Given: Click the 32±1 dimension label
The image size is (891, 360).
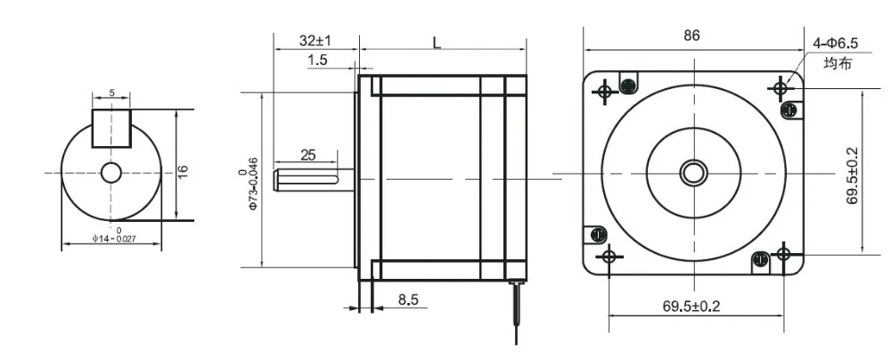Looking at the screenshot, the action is point(315,41).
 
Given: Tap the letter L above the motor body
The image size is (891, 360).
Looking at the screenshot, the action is point(437,43).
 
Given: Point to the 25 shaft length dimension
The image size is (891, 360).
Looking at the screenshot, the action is point(307,155).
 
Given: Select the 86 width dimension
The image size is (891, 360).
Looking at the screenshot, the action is point(691,36).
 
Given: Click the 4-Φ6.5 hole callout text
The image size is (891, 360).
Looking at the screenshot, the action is point(836,44).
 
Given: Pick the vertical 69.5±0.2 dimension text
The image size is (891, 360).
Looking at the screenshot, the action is point(853,176).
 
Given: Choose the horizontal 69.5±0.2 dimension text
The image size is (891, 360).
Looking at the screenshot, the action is point(691,307).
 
